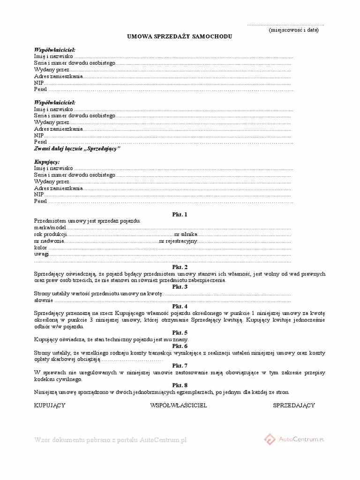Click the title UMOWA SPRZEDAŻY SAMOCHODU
pyautogui.click(x=180, y=37)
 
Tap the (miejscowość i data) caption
pyautogui.click(x=294, y=30)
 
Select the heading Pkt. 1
pyautogui.click(x=180, y=215)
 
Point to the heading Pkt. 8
pyautogui.click(x=180, y=385)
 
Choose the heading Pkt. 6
pyautogui.click(x=180, y=346)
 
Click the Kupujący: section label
pyautogui.click(x=47, y=162)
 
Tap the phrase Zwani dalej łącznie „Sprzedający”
pyautogui.click(x=77, y=148)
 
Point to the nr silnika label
pyautogui.click(x=186, y=234)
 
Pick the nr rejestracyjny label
pyautogui.click(x=179, y=241)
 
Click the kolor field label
pyautogui.click(x=41, y=247)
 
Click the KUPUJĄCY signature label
pyautogui.click(x=50, y=405)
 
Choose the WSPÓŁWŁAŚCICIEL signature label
pyautogui.click(x=179, y=405)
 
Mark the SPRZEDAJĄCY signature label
pyautogui.click(x=294, y=405)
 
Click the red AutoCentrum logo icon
pyautogui.click(x=270, y=439)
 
